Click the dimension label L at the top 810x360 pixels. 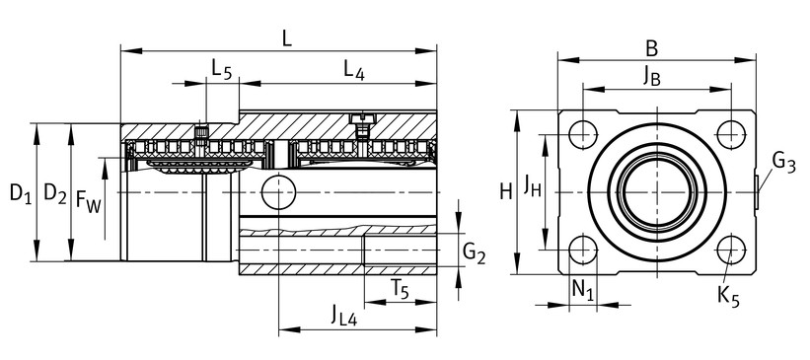click(287, 38)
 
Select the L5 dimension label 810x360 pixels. click(222, 69)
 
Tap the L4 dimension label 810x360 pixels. click(354, 70)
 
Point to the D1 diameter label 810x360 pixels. click(20, 193)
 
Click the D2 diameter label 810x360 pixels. click(55, 193)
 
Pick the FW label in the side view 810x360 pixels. click(88, 200)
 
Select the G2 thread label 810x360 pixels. click(474, 253)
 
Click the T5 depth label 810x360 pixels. click(399, 290)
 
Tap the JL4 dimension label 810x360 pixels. click(344, 315)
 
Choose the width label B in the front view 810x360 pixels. click(652, 49)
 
